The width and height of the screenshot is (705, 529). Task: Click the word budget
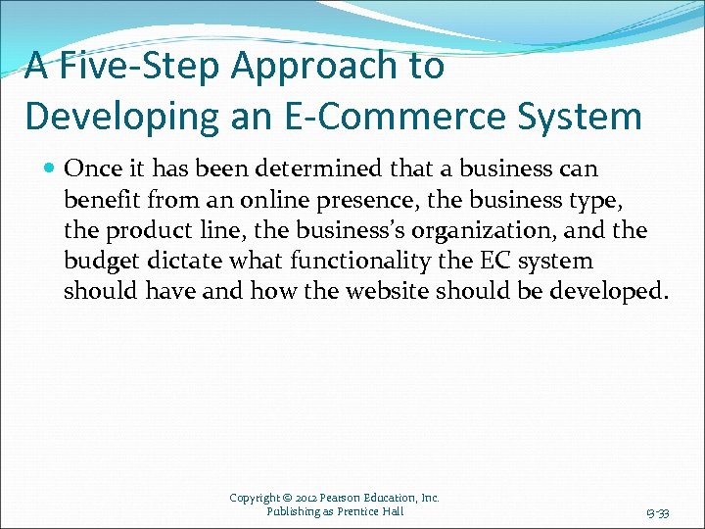(102, 261)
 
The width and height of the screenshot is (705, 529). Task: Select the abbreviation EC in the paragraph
(500, 261)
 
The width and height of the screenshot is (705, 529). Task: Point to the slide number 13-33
(658, 512)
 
